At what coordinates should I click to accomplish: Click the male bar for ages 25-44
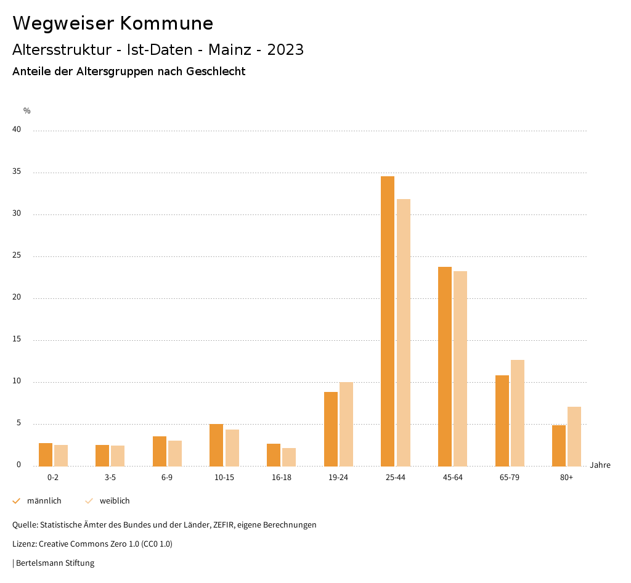click(x=388, y=321)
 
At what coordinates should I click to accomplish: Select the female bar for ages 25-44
click(x=403, y=333)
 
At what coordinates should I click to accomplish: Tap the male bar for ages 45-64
click(x=445, y=367)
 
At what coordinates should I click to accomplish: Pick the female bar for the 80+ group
click(x=574, y=436)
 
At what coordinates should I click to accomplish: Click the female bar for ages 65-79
click(x=518, y=413)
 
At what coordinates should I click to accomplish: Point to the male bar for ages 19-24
click(x=331, y=429)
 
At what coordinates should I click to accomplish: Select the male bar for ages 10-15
click(x=216, y=445)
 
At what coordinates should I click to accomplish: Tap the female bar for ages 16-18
click(x=289, y=457)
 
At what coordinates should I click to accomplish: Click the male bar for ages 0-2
click(x=46, y=455)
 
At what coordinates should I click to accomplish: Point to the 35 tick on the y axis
click(x=17, y=172)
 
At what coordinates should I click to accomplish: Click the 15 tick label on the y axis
click(x=17, y=340)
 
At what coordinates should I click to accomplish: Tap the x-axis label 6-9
click(x=167, y=478)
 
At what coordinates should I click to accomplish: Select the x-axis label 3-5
click(x=110, y=478)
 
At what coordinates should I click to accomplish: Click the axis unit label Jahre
click(x=600, y=465)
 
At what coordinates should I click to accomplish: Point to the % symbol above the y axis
click(x=27, y=111)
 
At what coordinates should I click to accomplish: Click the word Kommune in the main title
click(x=166, y=23)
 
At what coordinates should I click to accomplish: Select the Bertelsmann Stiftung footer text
click(x=54, y=563)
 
